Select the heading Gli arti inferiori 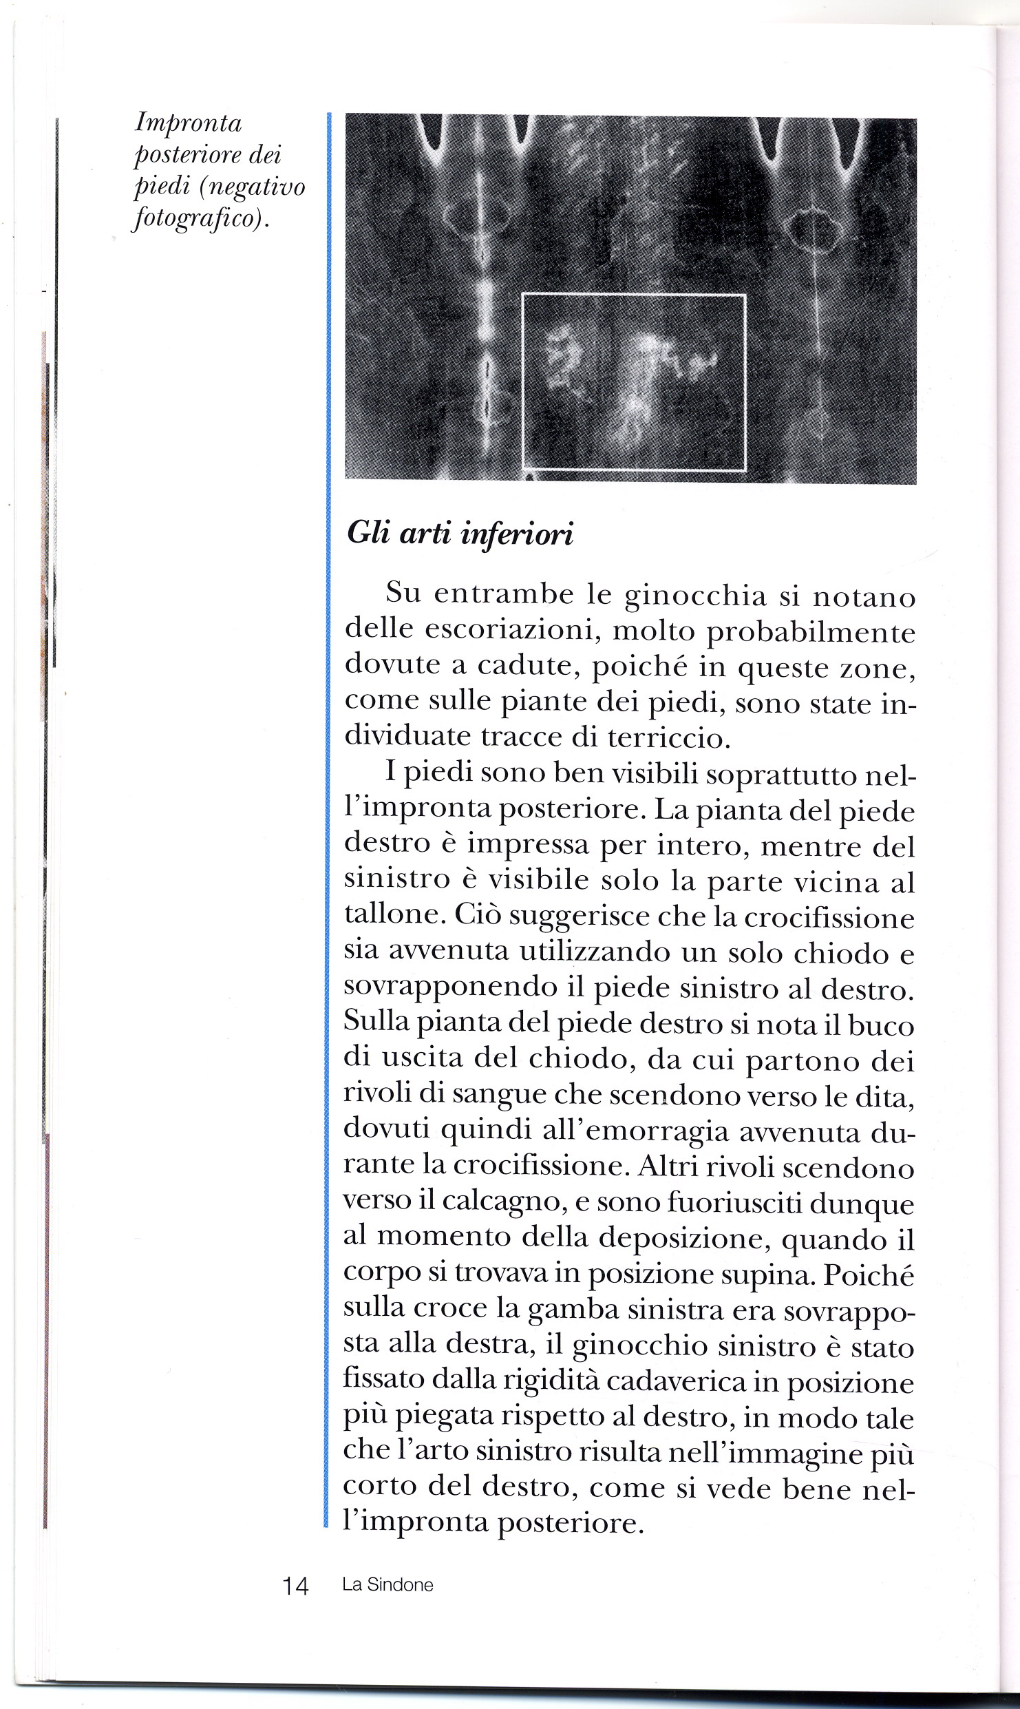point(460,534)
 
